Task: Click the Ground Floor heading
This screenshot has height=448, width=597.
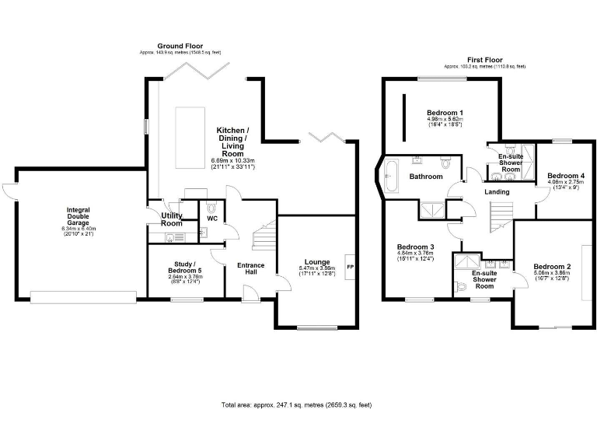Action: tap(180, 46)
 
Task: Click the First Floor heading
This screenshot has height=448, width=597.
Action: tap(484, 60)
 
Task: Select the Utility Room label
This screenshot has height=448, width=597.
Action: tap(171, 219)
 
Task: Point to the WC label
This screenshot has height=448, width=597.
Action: tap(211, 219)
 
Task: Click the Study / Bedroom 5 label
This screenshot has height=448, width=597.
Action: tap(184, 269)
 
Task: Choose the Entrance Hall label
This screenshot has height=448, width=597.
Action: tap(250, 269)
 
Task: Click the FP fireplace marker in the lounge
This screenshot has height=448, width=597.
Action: tap(350, 268)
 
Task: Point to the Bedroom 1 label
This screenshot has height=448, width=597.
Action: tap(445, 114)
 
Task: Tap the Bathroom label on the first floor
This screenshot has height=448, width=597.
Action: tap(426, 177)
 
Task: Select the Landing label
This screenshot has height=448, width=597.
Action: tap(497, 191)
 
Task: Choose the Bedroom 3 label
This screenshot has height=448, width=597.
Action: tap(415, 247)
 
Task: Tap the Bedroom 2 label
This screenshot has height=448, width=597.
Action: tap(552, 267)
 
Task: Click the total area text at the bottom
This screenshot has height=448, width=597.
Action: tap(297, 405)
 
